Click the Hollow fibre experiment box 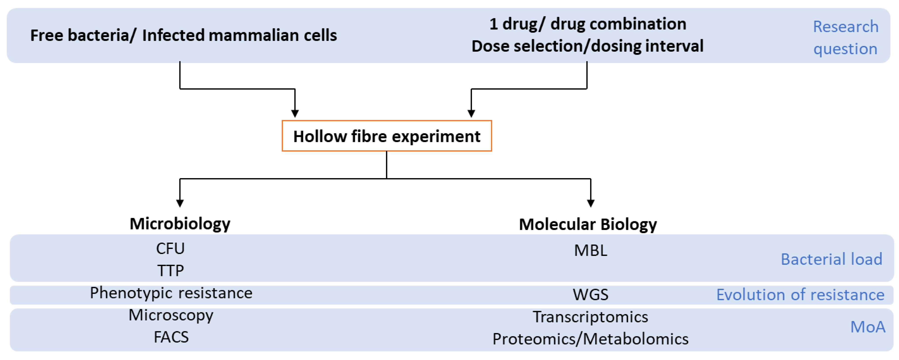point(387,136)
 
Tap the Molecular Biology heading point(588,224)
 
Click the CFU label point(170,249)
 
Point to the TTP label point(170,271)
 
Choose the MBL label point(591,250)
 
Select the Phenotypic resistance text point(171,293)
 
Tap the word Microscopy point(171,315)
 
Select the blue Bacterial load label point(831,259)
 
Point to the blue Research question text point(845,37)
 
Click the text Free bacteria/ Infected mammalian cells point(184,35)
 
